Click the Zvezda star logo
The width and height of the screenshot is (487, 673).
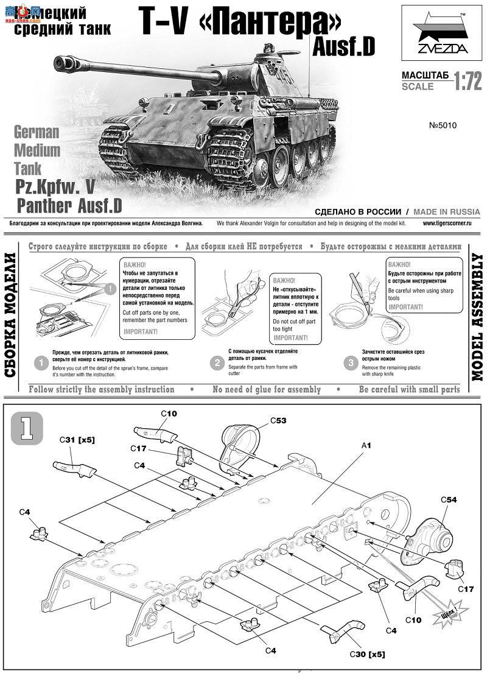(x=439, y=32)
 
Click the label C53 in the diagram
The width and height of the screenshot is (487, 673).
(x=279, y=420)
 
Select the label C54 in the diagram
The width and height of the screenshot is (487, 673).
(x=449, y=499)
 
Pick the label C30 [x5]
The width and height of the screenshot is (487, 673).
(x=366, y=654)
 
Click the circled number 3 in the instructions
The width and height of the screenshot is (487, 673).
(x=351, y=363)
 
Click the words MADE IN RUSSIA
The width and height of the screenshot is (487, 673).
(x=446, y=212)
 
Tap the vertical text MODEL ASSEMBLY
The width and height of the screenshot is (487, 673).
(x=477, y=317)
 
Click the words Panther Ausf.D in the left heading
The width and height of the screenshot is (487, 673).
(x=69, y=205)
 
